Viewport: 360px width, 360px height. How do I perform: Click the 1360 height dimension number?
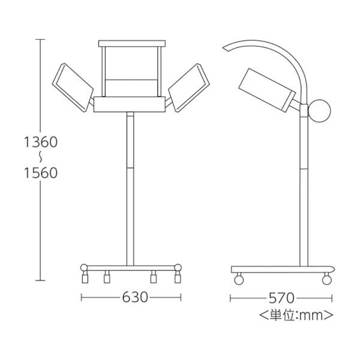[41, 142]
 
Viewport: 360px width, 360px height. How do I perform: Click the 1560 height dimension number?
[41, 173]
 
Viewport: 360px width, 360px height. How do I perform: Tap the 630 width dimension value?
[135, 298]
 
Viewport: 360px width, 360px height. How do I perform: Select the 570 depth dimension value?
[281, 298]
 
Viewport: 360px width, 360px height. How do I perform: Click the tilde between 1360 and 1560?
[40, 157]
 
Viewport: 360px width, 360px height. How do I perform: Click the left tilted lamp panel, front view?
[73, 88]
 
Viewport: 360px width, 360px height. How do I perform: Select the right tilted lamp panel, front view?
[189, 88]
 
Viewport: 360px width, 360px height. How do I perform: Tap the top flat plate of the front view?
[132, 43]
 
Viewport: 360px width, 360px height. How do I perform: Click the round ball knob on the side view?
[319, 110]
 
